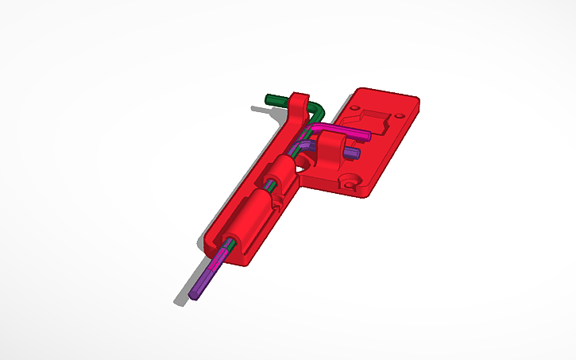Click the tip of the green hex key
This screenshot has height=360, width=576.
click(270, 99)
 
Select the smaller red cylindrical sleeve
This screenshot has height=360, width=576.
click(283, 172)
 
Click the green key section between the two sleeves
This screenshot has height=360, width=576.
click(269, 191)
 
